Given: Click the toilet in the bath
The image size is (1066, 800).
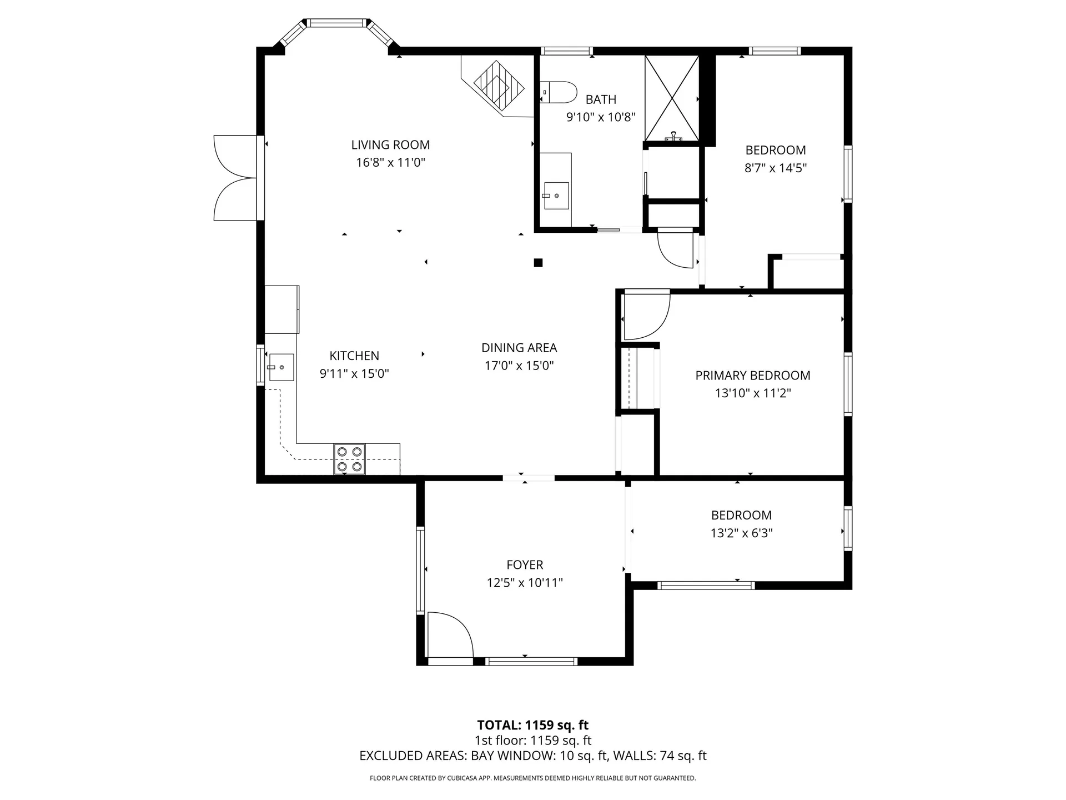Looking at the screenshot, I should (x=560, y=92).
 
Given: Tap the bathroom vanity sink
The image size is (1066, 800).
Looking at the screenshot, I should (x=556, y=196).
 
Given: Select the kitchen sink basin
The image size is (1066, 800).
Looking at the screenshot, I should (x=281, y=367).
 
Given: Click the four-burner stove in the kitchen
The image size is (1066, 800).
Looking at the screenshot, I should (x=349, y=459).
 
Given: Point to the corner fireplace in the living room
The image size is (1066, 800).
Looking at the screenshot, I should (x=498, y=86).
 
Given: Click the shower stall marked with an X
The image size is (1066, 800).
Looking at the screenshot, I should (x=671, y=98).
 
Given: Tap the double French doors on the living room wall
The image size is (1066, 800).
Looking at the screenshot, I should (x=237, y=178).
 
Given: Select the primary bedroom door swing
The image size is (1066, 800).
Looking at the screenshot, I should (x=645, y=315).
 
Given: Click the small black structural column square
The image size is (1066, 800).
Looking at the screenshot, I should (x=537, y=263).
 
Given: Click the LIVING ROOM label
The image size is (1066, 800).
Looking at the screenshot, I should (x=390, y=145).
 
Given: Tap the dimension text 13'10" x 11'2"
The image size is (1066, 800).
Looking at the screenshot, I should (x=752, y=393).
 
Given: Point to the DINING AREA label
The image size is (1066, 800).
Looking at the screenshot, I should (x=519, y=348).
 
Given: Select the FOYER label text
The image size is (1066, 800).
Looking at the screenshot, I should (x=524, y=565).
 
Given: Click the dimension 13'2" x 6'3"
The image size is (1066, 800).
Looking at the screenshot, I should (x=741, y=533).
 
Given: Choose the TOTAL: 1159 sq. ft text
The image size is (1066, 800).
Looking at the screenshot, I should (x=532, y=725).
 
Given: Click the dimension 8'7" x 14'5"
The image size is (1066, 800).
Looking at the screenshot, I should (x=775, y=168).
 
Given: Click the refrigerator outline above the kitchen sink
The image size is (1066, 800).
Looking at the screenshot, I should (x=281, y=309).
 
